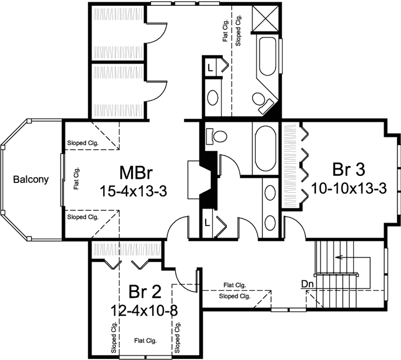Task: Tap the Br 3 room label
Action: click(349, 170)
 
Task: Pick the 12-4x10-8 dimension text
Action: click(144, 310)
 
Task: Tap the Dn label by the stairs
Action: click(308, 284)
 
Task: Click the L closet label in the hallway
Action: click(208, 222)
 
